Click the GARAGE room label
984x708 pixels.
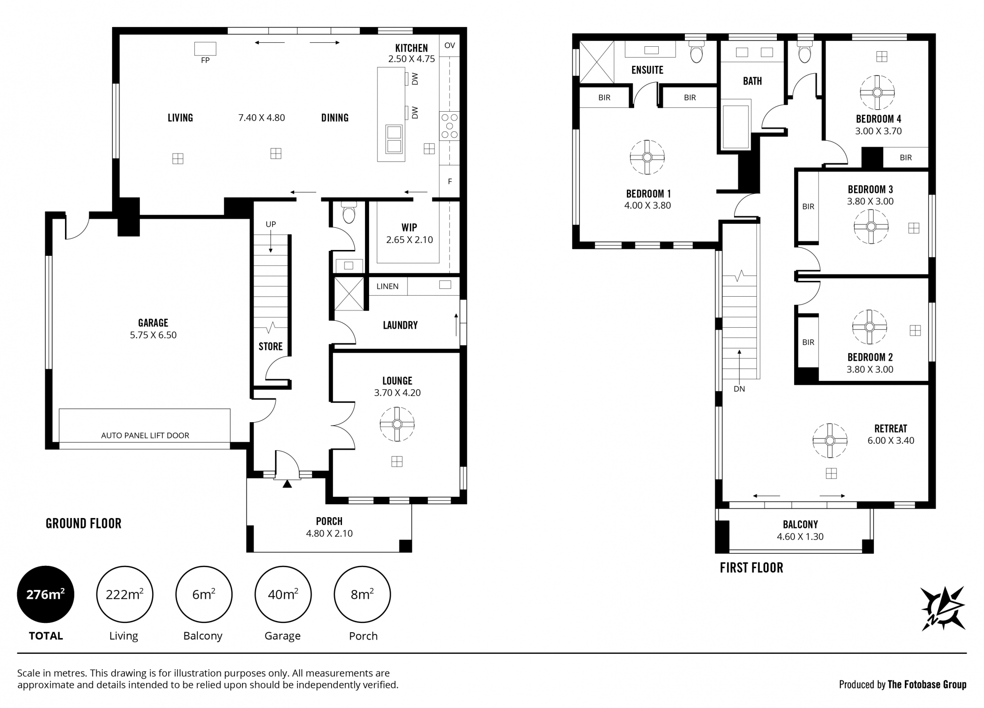(153, 323)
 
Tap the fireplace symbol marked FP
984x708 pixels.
(205, 48)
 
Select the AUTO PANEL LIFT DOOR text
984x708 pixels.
(145, 435)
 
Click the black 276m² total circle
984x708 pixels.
(46, 594)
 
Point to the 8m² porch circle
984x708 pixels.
(363, 594)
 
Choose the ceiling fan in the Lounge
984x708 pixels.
(397, 424)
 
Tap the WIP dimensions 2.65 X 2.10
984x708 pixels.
(409, 240)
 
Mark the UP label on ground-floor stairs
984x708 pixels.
(271, 224)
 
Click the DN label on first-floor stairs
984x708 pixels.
(739, 389)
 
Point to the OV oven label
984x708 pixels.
(450, 45)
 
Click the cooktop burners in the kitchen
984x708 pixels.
(450, 126)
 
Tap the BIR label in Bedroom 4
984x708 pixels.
(906, 158)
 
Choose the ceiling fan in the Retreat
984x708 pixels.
(830, 440)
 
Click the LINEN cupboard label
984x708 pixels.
(387, 286)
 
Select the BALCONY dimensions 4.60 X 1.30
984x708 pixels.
(800, 537)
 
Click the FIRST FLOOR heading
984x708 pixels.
(751, 568)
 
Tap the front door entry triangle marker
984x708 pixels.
(287, 484)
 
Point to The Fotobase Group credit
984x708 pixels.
(927, 684)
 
